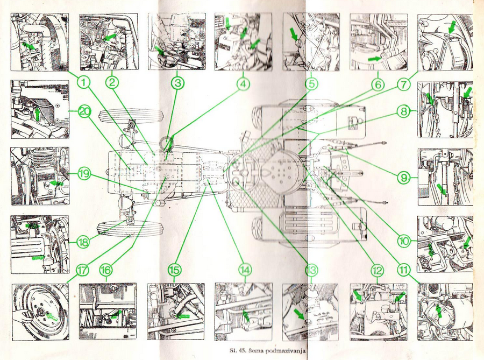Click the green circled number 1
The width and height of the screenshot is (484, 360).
[x=84, y=82]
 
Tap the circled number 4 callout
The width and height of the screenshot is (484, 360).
[x=243, y=84]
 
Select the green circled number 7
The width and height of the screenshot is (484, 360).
[x=404, y=84]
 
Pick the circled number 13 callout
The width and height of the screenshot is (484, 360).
[x=311, y=270]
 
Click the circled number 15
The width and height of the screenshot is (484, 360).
[x=174, y=270]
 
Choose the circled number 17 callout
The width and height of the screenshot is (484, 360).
[x=82, y=270]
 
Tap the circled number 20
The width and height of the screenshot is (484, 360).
[x=84, y=111]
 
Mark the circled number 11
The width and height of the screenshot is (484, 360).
[x=404, y=270]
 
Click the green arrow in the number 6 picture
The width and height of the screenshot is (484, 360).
[x=375, y=58]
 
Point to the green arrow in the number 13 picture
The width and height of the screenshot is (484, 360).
[x=300, y=314]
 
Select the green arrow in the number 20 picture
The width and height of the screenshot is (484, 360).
[x=38, y=114]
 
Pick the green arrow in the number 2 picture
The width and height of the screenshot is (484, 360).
[x=110, y=37]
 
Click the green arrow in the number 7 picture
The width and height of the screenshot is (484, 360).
[x=452, y=26]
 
